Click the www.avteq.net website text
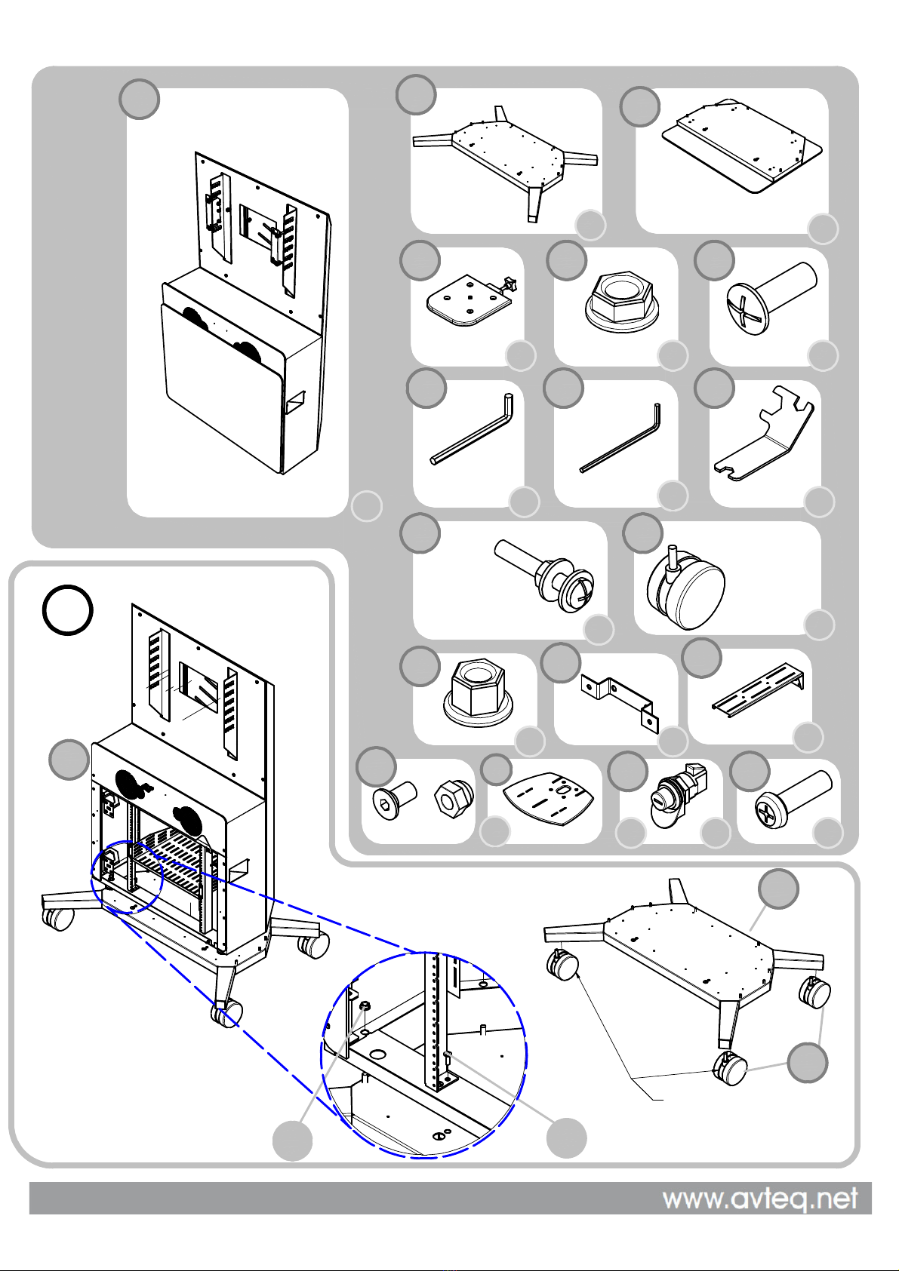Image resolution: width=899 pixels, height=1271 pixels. (x=759, y=1199)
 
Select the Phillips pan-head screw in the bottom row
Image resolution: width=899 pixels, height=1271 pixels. (x=793, y=799)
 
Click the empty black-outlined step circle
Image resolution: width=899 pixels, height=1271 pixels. (x=68, y=609)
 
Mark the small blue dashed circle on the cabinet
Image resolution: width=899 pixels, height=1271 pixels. (x=127, y=876)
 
